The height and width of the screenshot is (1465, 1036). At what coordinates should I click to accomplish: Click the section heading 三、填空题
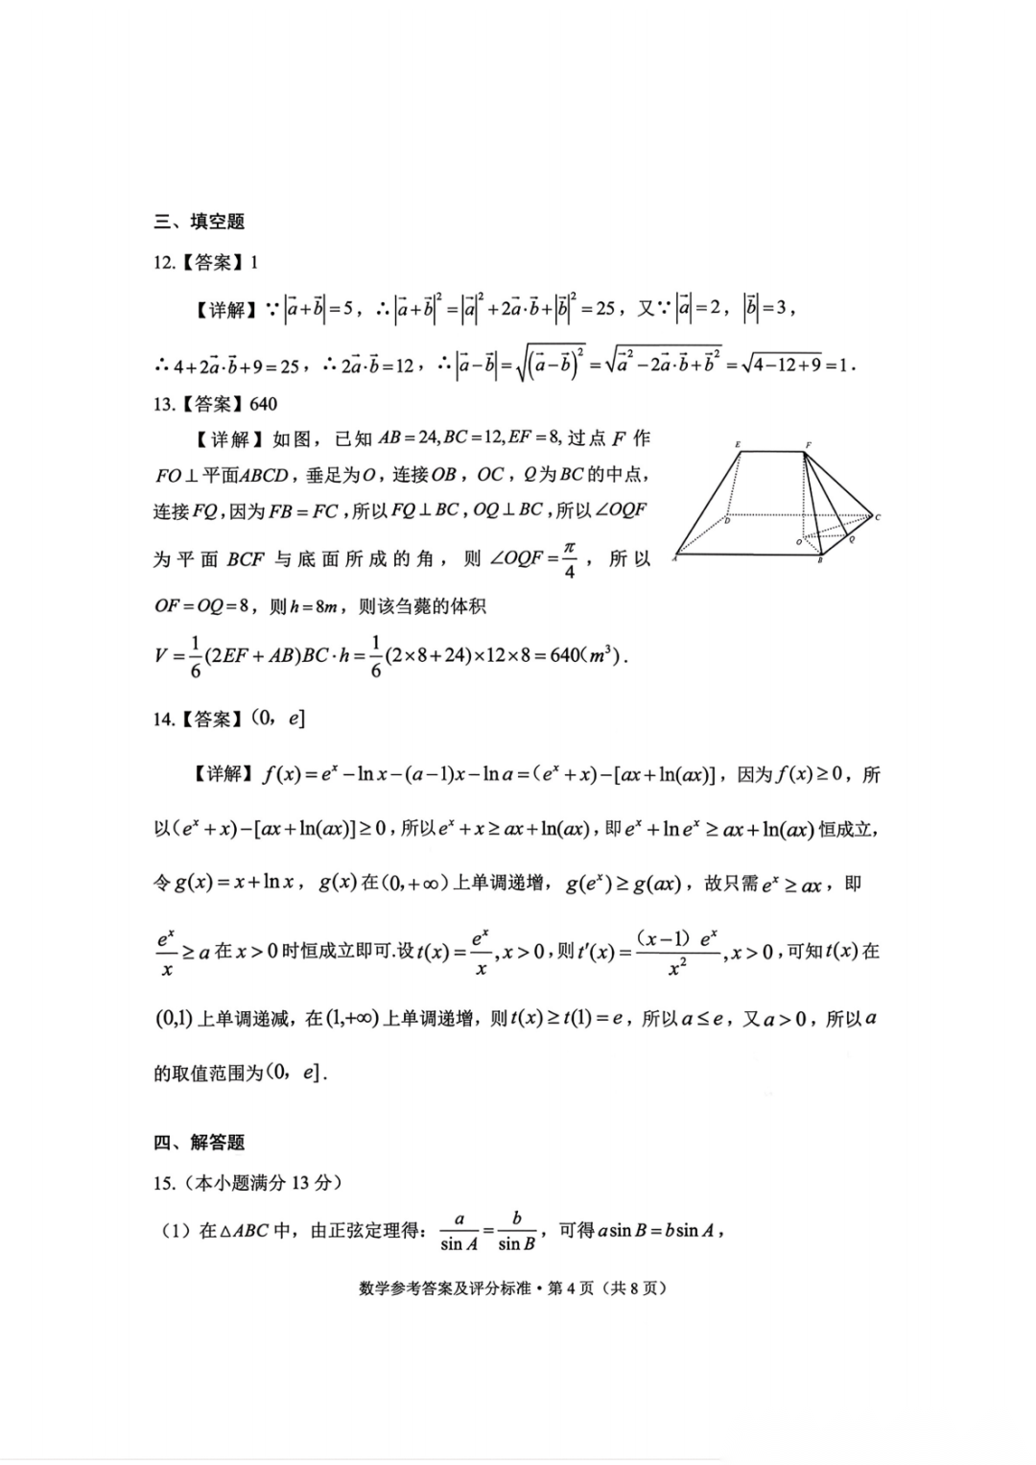(200, 222)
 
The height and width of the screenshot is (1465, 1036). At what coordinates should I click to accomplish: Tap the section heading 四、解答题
(200, 1142)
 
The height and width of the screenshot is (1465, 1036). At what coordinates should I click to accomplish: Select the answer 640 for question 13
(264, 404)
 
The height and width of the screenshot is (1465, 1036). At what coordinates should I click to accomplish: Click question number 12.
(164, 263)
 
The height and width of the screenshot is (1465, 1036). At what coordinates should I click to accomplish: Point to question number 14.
(164, 719)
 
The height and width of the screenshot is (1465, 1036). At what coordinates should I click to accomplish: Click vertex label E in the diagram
(737, 444)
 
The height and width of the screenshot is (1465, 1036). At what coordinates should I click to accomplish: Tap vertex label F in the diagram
(808, 444)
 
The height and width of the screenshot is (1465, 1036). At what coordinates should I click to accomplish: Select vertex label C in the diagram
(878, 518)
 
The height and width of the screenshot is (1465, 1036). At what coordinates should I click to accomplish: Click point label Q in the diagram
(852, 539)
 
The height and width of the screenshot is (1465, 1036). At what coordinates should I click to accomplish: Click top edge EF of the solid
(772, 452)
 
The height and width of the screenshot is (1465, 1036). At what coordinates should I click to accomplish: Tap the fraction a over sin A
(459, 1231)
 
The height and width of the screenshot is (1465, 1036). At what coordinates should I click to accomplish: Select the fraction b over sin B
(516, 1231)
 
